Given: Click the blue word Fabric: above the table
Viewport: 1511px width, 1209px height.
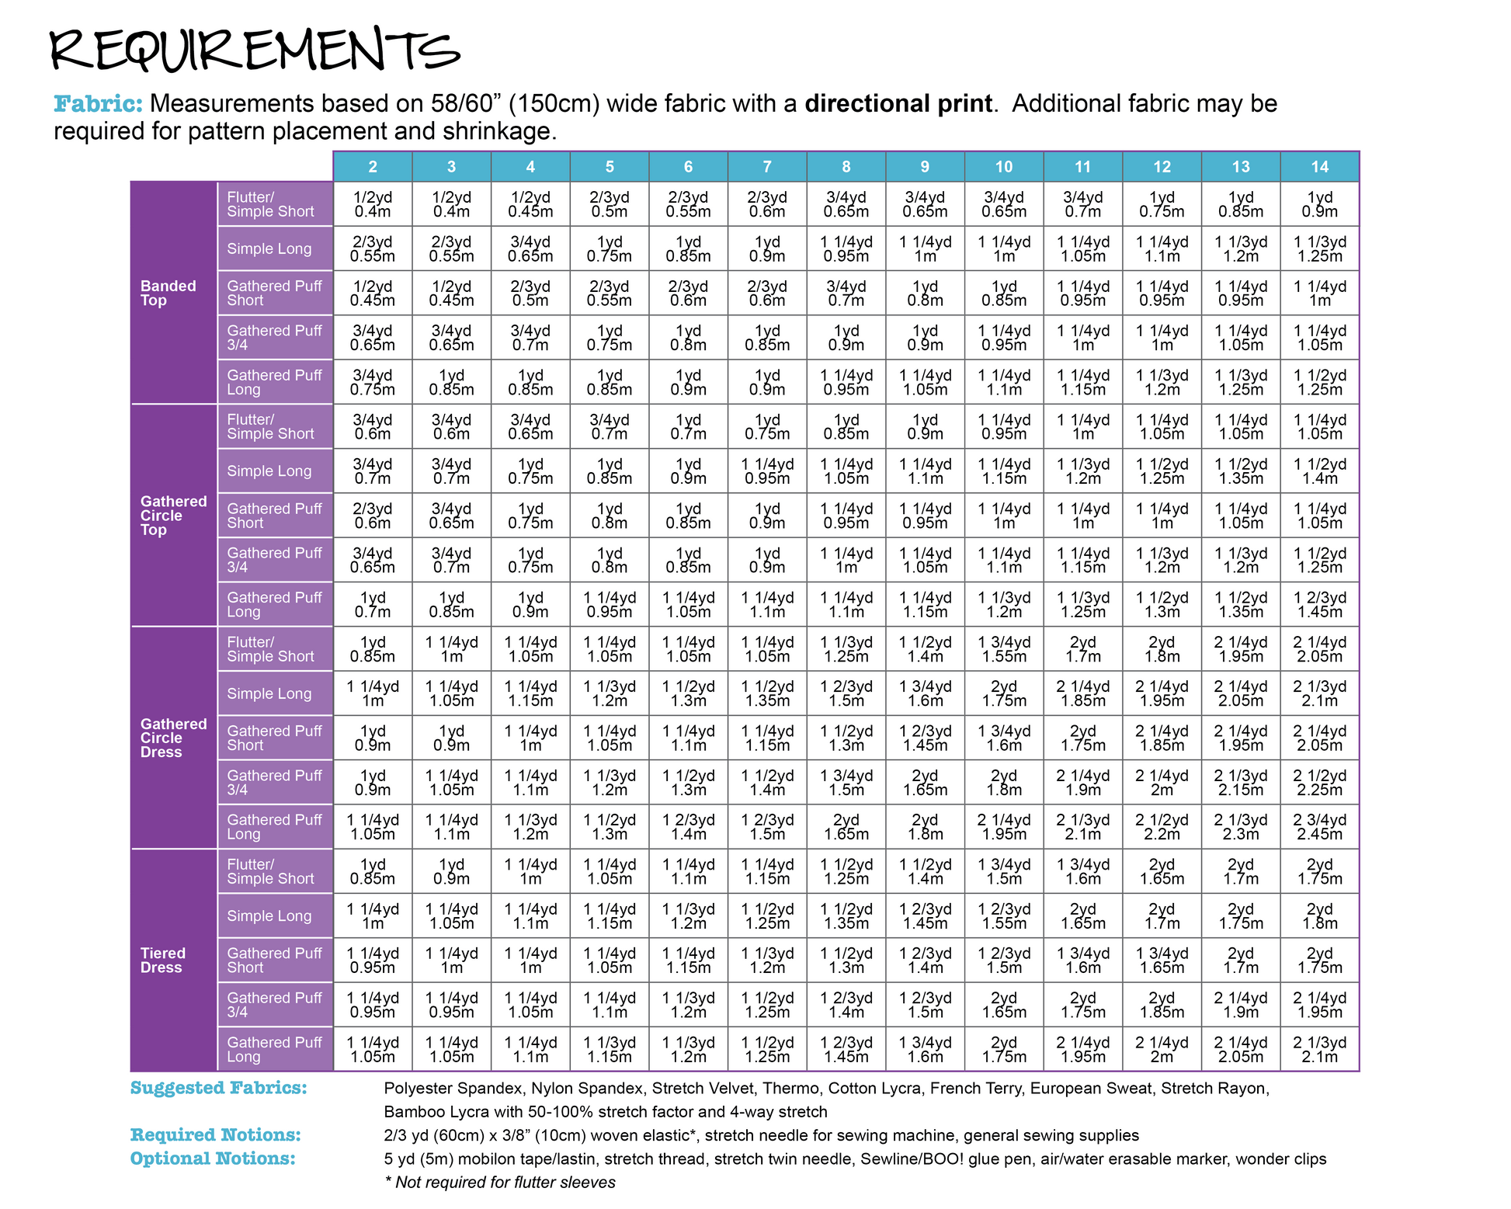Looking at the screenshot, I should pos(98,103).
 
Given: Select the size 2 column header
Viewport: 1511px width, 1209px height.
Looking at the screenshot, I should pos(373,166).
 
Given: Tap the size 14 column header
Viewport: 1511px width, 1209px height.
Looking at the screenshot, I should pos(1319,166).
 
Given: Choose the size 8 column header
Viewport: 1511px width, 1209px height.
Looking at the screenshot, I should pos(846,166).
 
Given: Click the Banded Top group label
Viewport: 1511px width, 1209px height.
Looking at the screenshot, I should pos(168,293).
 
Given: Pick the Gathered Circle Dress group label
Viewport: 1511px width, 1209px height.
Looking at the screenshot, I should pos(173,738).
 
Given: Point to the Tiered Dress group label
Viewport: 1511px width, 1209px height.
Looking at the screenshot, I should pos(162,960).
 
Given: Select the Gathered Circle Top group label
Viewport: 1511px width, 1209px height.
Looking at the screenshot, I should pos(173,516).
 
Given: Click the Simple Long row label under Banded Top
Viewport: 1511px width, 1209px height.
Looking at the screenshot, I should pos(269,248).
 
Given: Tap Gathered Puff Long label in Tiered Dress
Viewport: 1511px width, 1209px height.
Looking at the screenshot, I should pos(274,1049).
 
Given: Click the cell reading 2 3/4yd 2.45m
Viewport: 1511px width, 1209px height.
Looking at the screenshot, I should pos(1319,827).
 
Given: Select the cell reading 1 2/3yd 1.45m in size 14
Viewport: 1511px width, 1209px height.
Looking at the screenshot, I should pos(1319,604).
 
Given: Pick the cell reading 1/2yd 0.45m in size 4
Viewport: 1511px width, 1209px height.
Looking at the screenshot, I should pos(530,204).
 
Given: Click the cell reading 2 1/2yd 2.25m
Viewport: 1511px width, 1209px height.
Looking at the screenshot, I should pos(1319,782).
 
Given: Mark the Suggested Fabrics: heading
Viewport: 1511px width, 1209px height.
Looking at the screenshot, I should pos(218,1088).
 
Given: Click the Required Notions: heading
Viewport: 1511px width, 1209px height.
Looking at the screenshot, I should pos(215,1134).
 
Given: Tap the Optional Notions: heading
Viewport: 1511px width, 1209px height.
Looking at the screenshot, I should pos(213,1159).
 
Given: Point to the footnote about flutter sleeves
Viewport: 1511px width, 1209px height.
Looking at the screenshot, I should pos(501,1182).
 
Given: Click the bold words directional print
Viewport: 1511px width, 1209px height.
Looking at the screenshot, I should pos(898,103).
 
